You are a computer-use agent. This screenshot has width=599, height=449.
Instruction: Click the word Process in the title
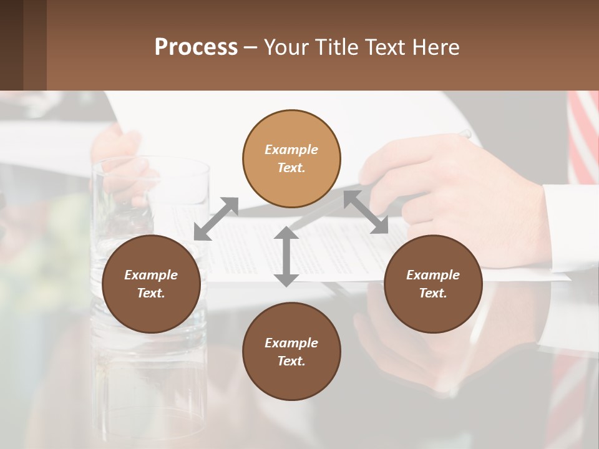pos(196,47)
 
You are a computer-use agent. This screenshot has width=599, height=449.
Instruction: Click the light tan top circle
pos(291,159)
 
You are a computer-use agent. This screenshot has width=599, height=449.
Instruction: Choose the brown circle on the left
pos(151,284)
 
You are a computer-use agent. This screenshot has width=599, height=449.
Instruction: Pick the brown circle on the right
pos(432,284)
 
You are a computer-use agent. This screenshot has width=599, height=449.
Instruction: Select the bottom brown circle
pos(291,351)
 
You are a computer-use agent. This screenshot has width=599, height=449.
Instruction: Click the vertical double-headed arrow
pos(286,257)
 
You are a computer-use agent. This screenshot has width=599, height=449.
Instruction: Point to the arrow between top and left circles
pos(216,219)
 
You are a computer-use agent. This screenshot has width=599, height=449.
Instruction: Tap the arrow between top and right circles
pos(366,212)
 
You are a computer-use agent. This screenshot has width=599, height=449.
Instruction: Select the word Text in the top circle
pos(291,168)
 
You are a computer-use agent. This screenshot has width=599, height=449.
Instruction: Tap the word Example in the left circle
pos(151,275)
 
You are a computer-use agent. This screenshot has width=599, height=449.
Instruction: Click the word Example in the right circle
pos(433,275)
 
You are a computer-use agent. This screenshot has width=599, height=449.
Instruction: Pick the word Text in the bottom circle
pos(291,361)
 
